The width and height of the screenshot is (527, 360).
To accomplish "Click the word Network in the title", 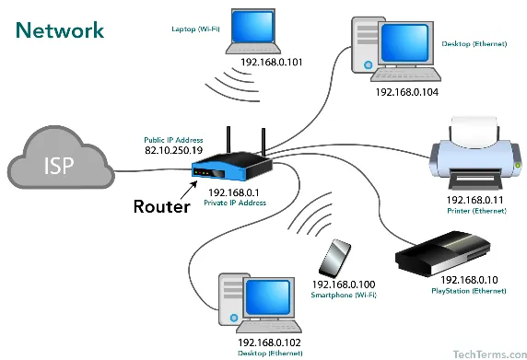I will pyautogui.click(x=59, y=29).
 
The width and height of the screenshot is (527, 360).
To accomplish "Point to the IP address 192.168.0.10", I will pyautogui.click(x=469, y=279).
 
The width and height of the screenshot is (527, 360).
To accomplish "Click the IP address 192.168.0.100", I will pyautogui.click(x=345, y=286).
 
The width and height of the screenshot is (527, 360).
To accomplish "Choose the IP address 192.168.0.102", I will pyautogui.click(x=269, y=341).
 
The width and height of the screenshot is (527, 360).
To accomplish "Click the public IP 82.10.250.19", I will pyautogui.click(x=174, y=148).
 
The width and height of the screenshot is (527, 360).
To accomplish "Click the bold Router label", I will pyautogui.click(x=161, y=206).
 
